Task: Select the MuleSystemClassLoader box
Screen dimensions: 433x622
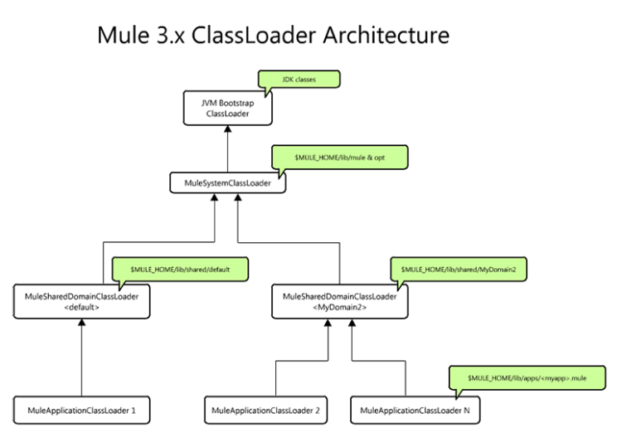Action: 228,182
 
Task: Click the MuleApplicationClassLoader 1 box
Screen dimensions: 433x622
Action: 81,409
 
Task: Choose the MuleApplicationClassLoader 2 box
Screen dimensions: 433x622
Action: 274,409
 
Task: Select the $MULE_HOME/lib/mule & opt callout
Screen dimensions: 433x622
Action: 340,157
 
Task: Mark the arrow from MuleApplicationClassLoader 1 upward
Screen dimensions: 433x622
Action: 81,357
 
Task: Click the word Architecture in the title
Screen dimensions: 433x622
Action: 386,36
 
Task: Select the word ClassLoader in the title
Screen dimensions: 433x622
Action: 257,36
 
